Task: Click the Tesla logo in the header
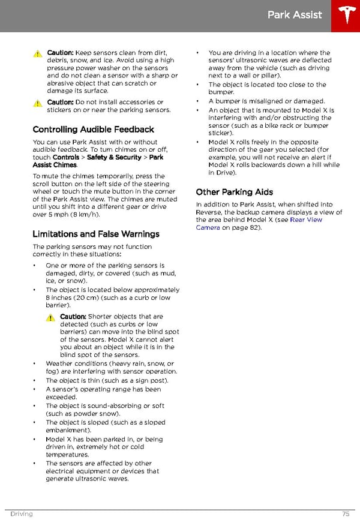click(346, 16)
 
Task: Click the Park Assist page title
click(295, 15)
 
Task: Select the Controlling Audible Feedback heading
click(93, 130)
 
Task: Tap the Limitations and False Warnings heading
click(96, 234)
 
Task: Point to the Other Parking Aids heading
click(235, 192)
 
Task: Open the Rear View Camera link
click(259, 224)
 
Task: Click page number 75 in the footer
click(346, 514)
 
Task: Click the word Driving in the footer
click(21, 514)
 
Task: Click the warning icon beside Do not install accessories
click(38, 103)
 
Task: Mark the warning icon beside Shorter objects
click(51, 317)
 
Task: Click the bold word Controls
click(65, 157)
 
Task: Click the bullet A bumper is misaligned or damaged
click(266, 101)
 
